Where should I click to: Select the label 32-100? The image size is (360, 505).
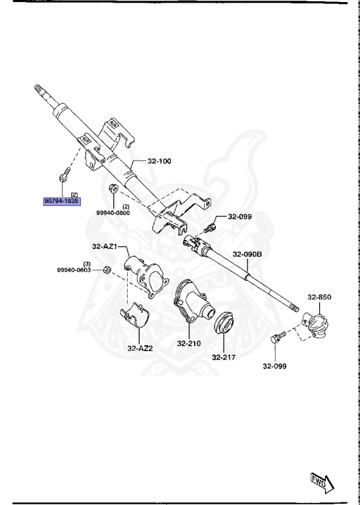click(x=159, y=161)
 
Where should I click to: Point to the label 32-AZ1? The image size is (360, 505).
click(x=104, y=247)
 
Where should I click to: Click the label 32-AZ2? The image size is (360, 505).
click(x=140, y=349)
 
